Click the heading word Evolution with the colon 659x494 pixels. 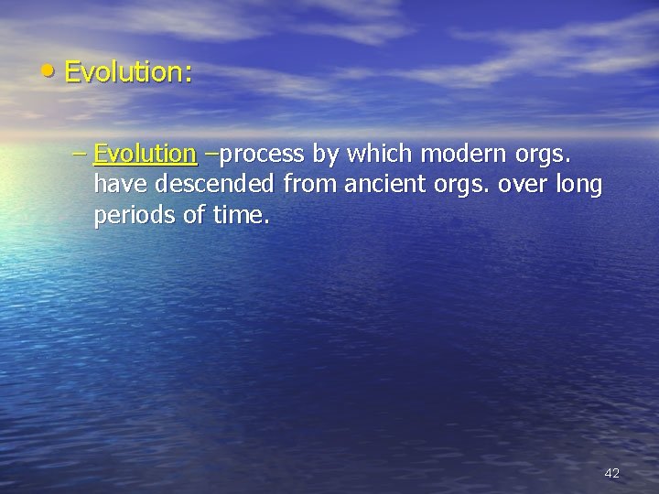(129, 72)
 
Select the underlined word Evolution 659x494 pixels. (145, 152)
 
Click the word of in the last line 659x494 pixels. (192, 219)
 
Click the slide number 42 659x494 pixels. (612, 473)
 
